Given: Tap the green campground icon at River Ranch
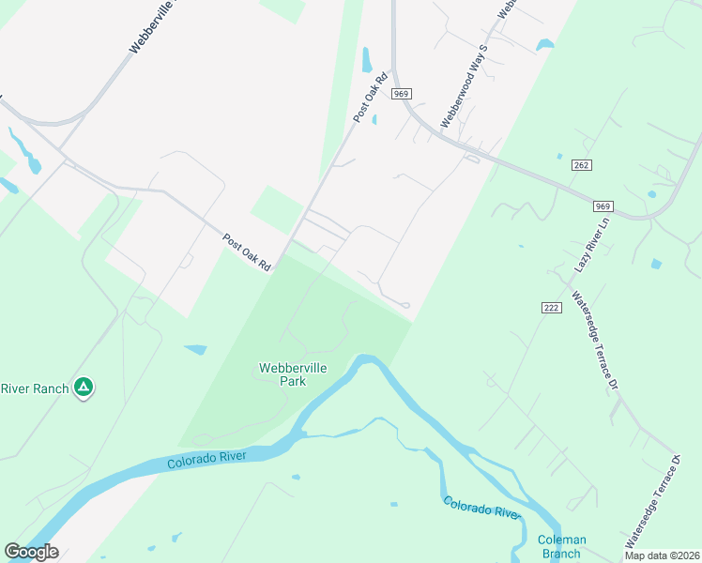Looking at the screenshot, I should coord(84,387).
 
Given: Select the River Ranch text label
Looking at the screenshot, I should coord(34,388).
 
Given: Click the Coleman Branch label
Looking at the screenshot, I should coord(562,546).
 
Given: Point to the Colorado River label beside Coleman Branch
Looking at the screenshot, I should coord(481,508).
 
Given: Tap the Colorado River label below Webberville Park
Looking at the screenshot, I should coord(206,460).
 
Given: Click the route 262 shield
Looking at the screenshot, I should coord(580,165).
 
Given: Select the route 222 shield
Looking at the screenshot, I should coord(551,308).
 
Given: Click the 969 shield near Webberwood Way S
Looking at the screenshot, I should coord(403,94).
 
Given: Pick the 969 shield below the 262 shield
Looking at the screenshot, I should coord(603,205).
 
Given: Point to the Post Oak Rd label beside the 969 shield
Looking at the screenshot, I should coord(371,98).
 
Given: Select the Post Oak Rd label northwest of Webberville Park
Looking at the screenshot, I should coord(246,253).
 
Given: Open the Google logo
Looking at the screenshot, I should coord(31,552).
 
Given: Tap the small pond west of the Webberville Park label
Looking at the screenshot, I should coord(195,350).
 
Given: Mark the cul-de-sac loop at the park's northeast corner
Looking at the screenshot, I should coord(404,305).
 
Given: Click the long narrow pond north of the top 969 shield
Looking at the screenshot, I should coord(367,59).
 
